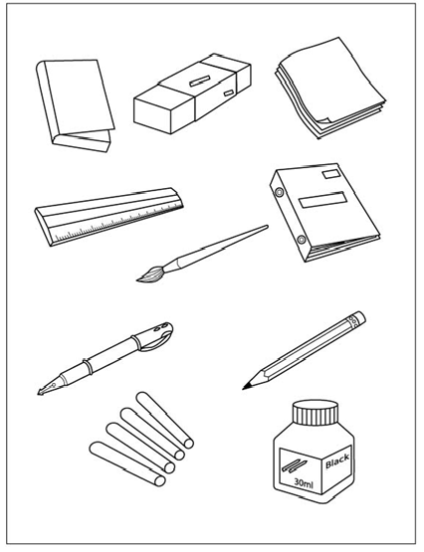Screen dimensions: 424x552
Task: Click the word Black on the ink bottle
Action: (x=337, y=460)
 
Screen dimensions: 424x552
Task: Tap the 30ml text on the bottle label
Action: (x=304, y=483)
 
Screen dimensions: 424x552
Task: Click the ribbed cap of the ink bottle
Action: (x=316, y=412)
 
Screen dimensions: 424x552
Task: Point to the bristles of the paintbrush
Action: (x=150, y=275)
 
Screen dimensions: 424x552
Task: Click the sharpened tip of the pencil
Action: (x=244, y=388)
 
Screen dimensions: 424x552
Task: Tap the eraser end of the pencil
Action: (x=359, y=318)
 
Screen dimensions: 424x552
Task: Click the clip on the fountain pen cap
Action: (x=158, y=341)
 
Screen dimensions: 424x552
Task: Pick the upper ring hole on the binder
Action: (x=280, y=192)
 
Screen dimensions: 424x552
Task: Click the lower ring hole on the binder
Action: (x=301, y=240)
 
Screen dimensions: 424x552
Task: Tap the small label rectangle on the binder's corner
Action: (x=332, y=174)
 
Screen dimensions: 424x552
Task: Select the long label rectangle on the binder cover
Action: (x=322, y=200)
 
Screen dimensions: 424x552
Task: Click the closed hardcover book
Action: (x=76, y=105)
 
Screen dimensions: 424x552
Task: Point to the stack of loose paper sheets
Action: (x=329, y=88)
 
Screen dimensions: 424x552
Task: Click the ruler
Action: (x=109, y=216)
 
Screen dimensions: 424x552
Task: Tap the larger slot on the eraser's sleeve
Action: (x=200, y=81)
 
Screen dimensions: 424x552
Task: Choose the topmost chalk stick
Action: (x=165, y=420)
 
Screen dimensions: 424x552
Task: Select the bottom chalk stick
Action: (x=127, y=463)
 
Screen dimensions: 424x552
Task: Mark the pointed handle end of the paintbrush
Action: (x=266, y=227)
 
